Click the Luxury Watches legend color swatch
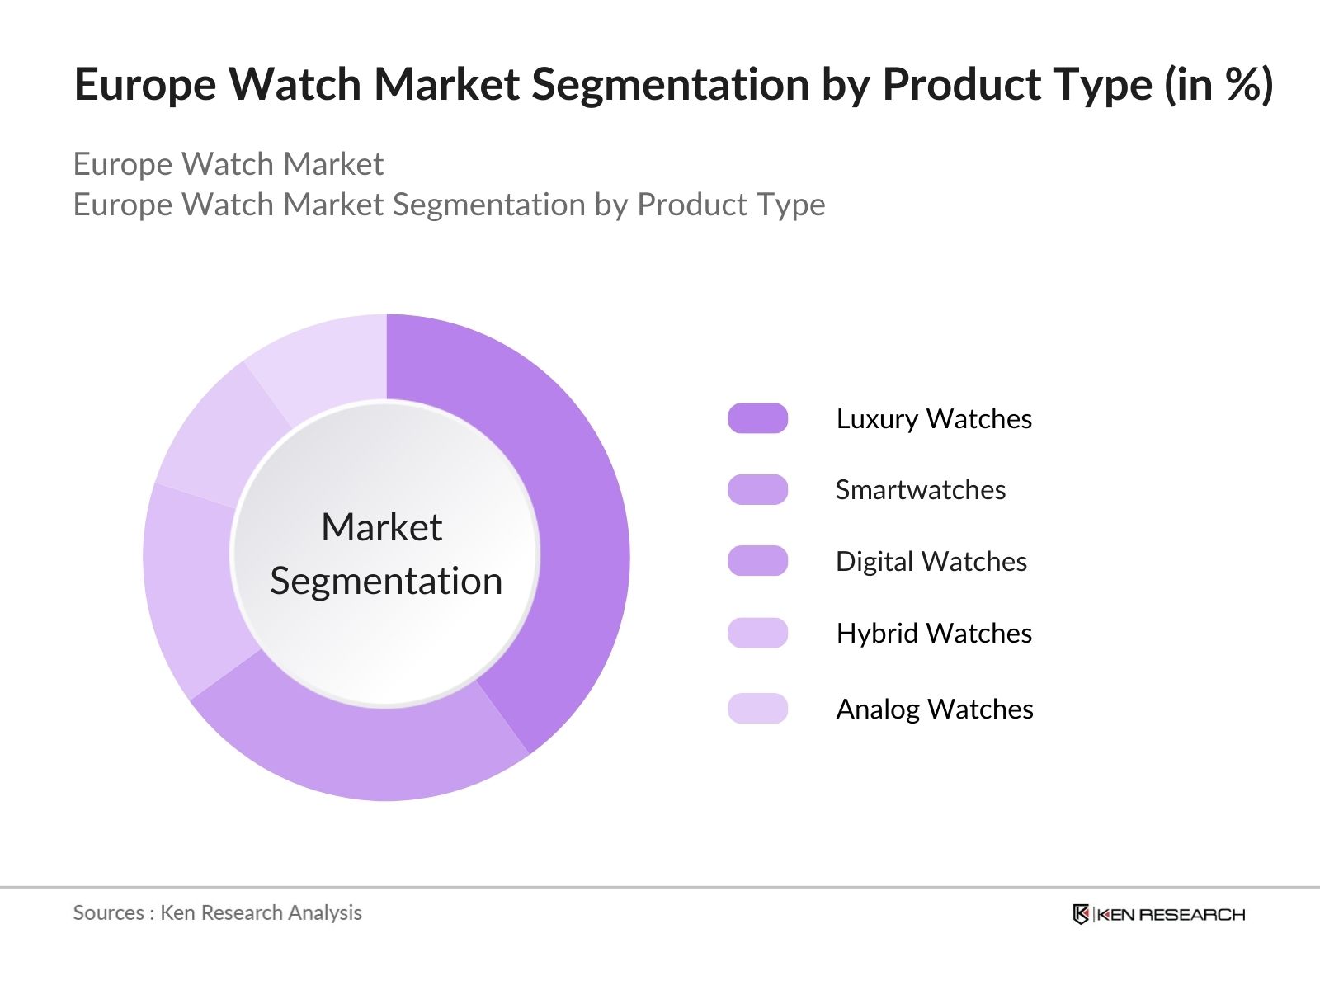point(757,418)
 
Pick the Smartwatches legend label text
point(920,490)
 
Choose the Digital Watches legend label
point(931,562)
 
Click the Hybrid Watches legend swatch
point(757,633)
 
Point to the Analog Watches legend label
point(934,709)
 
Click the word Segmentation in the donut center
point(386,582)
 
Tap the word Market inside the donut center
point(381,527)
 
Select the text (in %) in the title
point(1219,84)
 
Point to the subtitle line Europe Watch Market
point(228,164)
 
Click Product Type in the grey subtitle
point(731,205)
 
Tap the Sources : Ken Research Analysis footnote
point(217,912)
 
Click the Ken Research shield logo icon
point(1081,914)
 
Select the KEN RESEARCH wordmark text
point(1171,914)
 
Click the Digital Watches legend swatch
point(757,561)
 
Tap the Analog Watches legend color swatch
point(757,709)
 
